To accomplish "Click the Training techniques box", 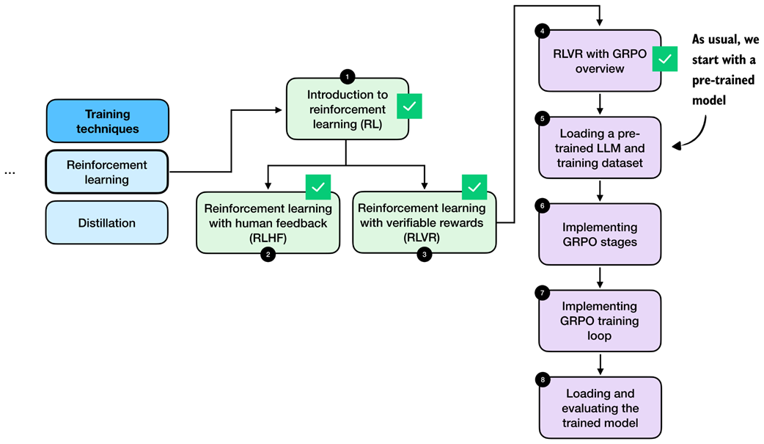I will click(107, 121).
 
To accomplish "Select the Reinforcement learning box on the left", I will click(107, 172).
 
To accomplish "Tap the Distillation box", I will click(107, 222).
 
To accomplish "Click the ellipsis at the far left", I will click(10, 172).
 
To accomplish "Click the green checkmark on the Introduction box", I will click(409, 106).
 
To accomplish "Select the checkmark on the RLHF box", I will click(318, 187).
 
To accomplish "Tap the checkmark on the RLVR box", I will click(474, 187).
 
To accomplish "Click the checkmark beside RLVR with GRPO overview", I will click(665, 59).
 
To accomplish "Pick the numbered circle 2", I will click(268, 255).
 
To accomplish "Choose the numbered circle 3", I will click(424, 255).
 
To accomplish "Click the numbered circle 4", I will click(542, 31).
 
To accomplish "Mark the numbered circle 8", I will click(542, 379).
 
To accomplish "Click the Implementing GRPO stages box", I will click(600, 235).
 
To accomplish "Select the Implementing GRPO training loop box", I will click(600, 321).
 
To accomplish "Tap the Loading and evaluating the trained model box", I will click(600, 407).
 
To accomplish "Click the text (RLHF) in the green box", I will click(268, 237).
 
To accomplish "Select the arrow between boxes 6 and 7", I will click(600, 277).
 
